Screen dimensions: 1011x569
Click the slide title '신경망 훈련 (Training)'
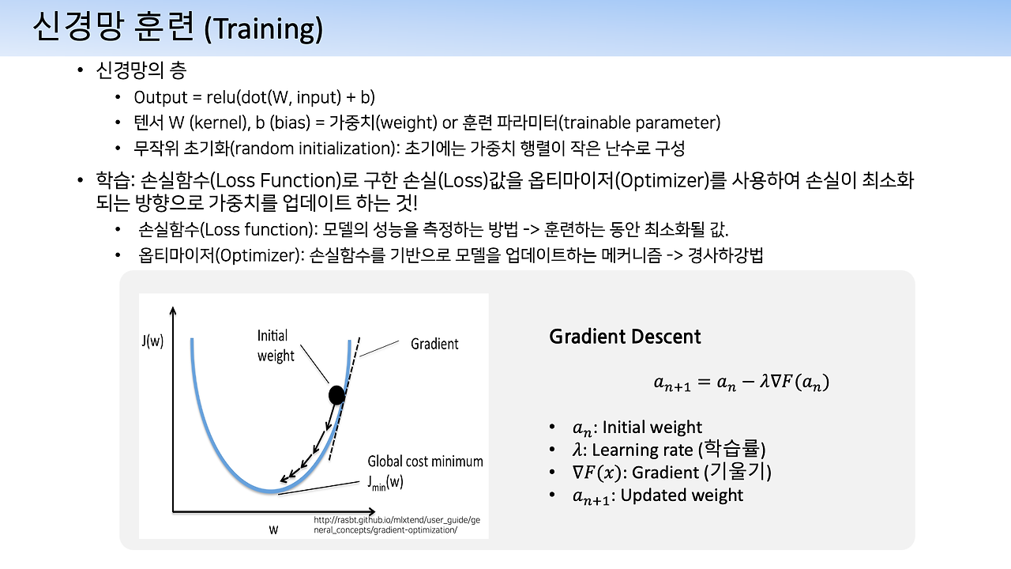click(x=179, y=27)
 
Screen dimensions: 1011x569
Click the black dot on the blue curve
click(x=336, y=395)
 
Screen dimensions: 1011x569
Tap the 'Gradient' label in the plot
click(x=434, y=344)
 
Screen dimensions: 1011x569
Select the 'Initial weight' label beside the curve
click(x=276, y=345)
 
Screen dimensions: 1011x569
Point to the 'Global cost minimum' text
click(x=425, y=461)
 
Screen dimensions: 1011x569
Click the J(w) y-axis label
click(x=152, y=341)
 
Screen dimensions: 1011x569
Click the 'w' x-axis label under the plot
click(x=273, y=529)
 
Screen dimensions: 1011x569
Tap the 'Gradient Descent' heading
click(x=625, y=337)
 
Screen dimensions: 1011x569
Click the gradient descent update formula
click(x=742, y=382)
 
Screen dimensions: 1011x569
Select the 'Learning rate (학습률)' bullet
click(x=669, y=450)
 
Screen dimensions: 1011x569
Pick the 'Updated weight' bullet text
click(x=658, y=496)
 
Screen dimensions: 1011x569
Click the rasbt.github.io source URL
click(x=397, y=525)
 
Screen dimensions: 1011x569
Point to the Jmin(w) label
click(x=385, y=483)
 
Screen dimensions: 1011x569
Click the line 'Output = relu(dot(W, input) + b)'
click(x=254, y=97)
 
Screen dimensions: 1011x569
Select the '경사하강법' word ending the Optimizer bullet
click(x=725, y=255)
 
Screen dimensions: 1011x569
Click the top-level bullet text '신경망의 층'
click(x=141, y=70)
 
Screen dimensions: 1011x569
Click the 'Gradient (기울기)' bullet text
click(x=672, y=473)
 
